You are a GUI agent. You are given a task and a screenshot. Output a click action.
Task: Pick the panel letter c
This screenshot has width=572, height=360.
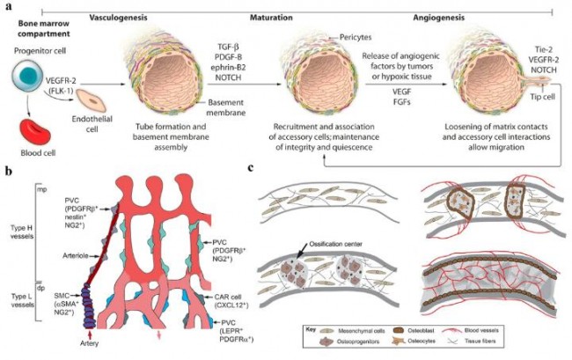pos(253,168)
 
